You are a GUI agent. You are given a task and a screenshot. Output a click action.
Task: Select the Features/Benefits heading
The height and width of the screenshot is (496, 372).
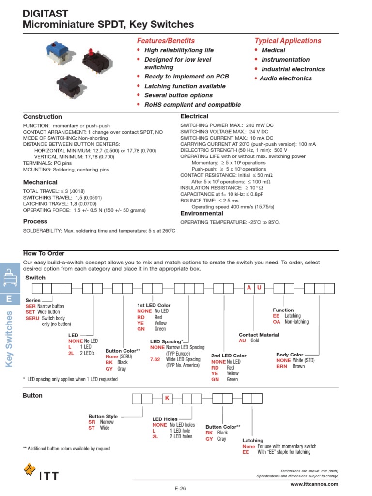(x=166, y=41)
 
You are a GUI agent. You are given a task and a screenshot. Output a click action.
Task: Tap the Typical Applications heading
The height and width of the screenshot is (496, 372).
(x=288, y=41)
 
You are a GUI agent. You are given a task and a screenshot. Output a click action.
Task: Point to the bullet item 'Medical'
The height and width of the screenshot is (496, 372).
(x=273, y=50)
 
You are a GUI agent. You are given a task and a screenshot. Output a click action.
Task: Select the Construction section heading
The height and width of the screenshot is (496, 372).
(x=43, y=117)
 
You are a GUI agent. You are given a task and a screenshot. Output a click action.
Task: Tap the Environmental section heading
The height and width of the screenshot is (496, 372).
(x=201, y=213)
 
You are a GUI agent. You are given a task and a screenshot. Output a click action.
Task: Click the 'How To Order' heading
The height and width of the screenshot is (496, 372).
(x=44, y=253)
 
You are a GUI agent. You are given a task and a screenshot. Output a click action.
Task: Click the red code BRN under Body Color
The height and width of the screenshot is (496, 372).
(x=282, y=367)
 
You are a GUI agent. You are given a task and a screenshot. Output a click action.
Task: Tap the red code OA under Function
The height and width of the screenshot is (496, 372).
(x=277, y=322)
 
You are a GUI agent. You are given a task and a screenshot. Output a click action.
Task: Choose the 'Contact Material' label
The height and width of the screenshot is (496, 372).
(x=259, y=335)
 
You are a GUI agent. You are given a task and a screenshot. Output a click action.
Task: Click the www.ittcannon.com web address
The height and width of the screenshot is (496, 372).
(x=314, y=484)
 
